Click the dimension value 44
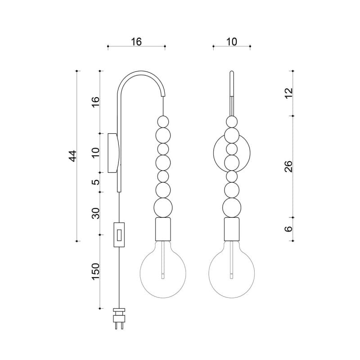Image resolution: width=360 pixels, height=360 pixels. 72,156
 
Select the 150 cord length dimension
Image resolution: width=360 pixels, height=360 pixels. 95,271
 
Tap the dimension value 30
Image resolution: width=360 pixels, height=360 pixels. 95,213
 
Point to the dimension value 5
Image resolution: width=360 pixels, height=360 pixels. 96,182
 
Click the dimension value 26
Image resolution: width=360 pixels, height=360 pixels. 288,166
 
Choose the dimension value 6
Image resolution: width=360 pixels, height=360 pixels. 288,229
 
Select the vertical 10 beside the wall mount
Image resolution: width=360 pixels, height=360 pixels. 95,152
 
